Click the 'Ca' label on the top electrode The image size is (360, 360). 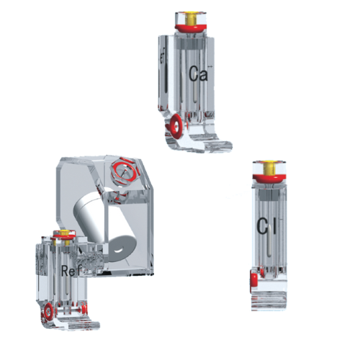pos(198,73)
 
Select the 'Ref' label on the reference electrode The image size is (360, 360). pos(71,271)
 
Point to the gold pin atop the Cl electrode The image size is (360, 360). pos(271,168)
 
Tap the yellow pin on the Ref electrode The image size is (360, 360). pos(63,233)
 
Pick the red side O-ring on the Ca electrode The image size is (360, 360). pos(174,128)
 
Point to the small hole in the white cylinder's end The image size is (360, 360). pos(117,250)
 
